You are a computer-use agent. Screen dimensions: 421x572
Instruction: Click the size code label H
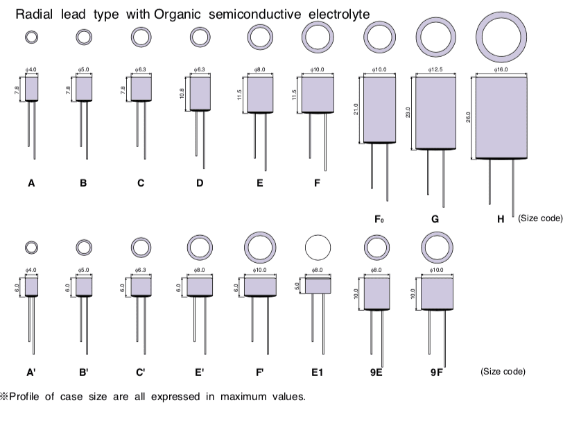pos(501,219)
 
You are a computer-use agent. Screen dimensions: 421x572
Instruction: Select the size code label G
pos(435,219)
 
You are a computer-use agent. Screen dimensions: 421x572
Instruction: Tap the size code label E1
pos(317,372)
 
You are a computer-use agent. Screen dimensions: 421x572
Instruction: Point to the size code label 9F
pos(435,372)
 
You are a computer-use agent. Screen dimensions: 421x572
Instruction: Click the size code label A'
pos(31,372)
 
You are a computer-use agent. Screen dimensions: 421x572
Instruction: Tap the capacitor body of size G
pos(435,112)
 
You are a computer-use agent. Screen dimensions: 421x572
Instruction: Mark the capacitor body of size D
pos(200,92)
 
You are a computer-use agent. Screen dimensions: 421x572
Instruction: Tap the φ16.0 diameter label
pos(500,69)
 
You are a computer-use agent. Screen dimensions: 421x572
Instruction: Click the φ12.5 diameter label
pos(435,69)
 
